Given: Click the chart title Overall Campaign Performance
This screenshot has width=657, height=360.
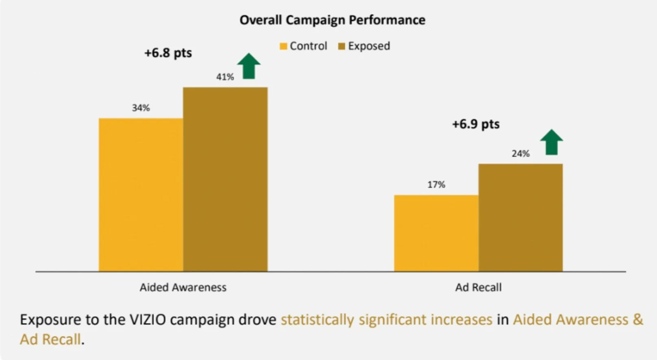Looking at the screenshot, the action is pos(332,20).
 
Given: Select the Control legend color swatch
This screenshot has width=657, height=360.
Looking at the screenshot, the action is pos(283,46).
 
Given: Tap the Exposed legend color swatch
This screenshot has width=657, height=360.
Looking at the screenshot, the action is pos(342,46).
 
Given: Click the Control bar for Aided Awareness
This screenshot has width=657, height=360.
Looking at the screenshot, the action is pos(141,195).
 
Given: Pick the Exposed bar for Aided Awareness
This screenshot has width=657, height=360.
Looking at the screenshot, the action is pos(225,180).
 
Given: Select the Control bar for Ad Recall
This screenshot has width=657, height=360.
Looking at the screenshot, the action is pos(436,233).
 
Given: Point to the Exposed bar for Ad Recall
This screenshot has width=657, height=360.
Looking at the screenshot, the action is pos(521,217).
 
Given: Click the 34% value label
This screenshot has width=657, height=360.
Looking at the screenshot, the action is pos(141,108).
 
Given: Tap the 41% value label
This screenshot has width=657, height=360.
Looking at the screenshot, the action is pos(225,77).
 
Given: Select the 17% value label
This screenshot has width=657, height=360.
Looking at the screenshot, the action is pos(436,184).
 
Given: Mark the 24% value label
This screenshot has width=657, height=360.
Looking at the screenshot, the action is pos(521,153).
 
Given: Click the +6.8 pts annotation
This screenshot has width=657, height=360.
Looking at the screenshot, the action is pos(168,53).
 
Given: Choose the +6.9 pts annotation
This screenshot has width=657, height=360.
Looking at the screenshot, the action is pos(476,124).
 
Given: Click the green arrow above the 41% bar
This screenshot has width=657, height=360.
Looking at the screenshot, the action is pos(249,66).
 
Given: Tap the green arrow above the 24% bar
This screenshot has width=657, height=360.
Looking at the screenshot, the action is pos(551,142).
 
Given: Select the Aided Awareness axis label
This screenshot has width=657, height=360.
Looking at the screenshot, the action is pos(183,287).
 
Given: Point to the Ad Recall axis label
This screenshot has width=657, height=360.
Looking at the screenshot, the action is pos(479,287).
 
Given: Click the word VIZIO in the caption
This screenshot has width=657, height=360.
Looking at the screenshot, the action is pos(148,319).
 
